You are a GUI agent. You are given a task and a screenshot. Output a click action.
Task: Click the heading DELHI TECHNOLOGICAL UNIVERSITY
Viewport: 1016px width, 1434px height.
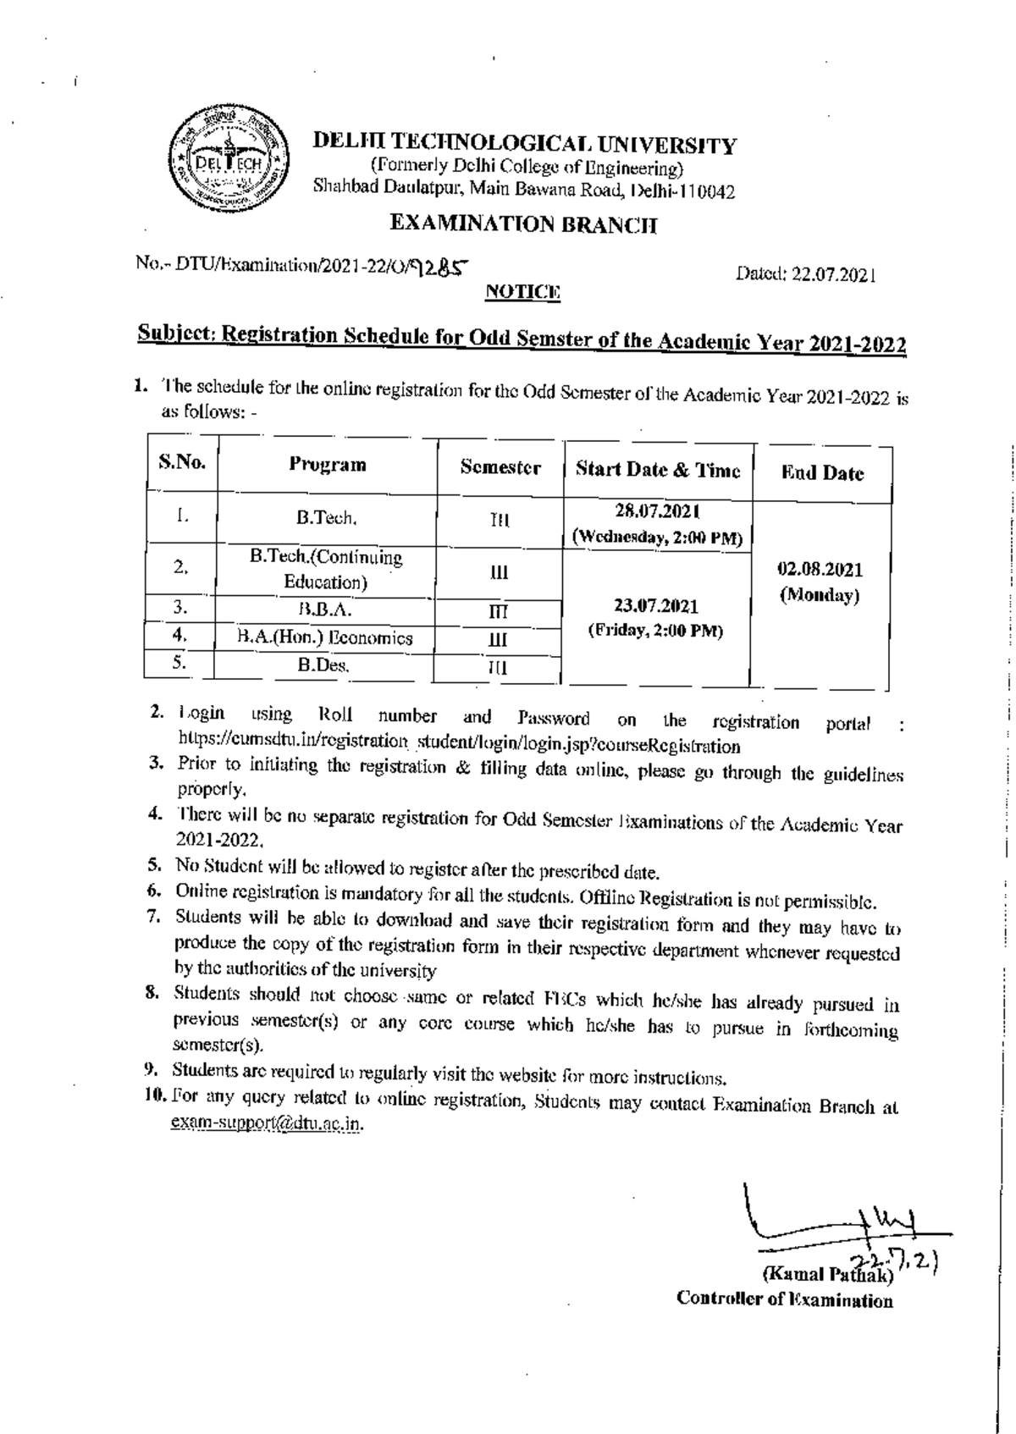pos(524,145)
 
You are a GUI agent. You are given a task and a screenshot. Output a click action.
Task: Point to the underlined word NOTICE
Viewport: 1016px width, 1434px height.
pos(522,292)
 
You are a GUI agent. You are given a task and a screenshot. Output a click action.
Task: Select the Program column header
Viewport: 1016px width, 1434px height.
pos(328,465)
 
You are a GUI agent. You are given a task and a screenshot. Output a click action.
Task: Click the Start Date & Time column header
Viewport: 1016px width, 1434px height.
pos(658,470)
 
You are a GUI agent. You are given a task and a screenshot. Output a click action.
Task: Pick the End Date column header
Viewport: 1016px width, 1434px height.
pos(822,473)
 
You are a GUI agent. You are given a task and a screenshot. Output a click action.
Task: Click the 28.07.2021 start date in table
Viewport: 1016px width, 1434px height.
pos(658,512)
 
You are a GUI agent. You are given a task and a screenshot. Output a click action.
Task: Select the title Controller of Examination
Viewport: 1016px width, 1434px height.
pos(784,1301)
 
